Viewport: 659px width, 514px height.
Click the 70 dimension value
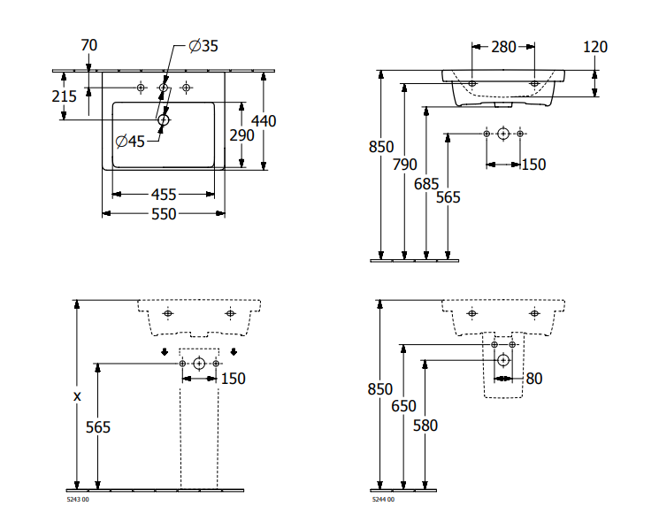(88, 45)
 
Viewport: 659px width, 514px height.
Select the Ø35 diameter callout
(203, 46)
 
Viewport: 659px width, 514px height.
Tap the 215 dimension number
(64, 96)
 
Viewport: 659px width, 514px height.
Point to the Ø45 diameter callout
(130, 141)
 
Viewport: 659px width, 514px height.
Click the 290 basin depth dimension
(241, 134)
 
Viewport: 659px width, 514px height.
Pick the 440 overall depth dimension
(264, 120)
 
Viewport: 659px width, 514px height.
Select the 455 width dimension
(163, 194)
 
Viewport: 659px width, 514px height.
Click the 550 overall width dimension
(163, 214)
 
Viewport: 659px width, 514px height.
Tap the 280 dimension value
(503, 46)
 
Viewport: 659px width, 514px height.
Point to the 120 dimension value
(595, 46)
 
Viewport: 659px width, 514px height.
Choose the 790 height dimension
(404, 165)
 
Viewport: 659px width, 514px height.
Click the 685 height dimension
(426, 183)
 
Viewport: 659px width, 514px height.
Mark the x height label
(77, 396)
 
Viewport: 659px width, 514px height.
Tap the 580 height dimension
(425, 425)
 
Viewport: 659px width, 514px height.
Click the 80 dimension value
(533, 379)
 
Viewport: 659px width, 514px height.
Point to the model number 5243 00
(78, 501)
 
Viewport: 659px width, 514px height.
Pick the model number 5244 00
(382, 501)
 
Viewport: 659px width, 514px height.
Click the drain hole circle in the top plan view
(163, 119)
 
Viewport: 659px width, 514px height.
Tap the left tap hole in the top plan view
(140, 88)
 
